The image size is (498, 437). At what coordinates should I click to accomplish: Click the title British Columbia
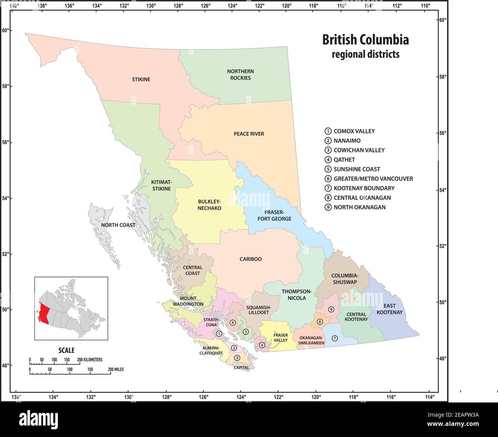point(365,40)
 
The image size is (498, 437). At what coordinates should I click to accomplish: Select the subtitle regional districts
point(365,54)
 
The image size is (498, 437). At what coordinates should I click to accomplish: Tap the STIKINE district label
point(141,79)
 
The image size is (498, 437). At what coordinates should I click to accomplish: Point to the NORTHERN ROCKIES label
point(240,74)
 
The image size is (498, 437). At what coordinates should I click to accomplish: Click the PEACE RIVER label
point(249,134)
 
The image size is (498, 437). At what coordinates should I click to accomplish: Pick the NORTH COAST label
point(118,225)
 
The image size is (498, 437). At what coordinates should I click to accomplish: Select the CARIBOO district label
point(251,259)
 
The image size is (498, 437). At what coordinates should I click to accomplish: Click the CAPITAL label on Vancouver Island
point(241,368)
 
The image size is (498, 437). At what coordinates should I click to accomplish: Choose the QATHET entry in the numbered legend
point(344,160)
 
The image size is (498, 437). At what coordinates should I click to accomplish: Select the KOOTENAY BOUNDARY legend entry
point(364,188)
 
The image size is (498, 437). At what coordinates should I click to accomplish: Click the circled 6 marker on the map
point(262,345)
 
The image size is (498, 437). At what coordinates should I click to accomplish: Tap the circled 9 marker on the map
point(331,309)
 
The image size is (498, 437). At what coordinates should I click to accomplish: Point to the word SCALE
point(66,350)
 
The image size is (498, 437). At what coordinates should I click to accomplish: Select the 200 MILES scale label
point(116,369)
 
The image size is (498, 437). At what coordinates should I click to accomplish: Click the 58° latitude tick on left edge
point(6,86)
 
